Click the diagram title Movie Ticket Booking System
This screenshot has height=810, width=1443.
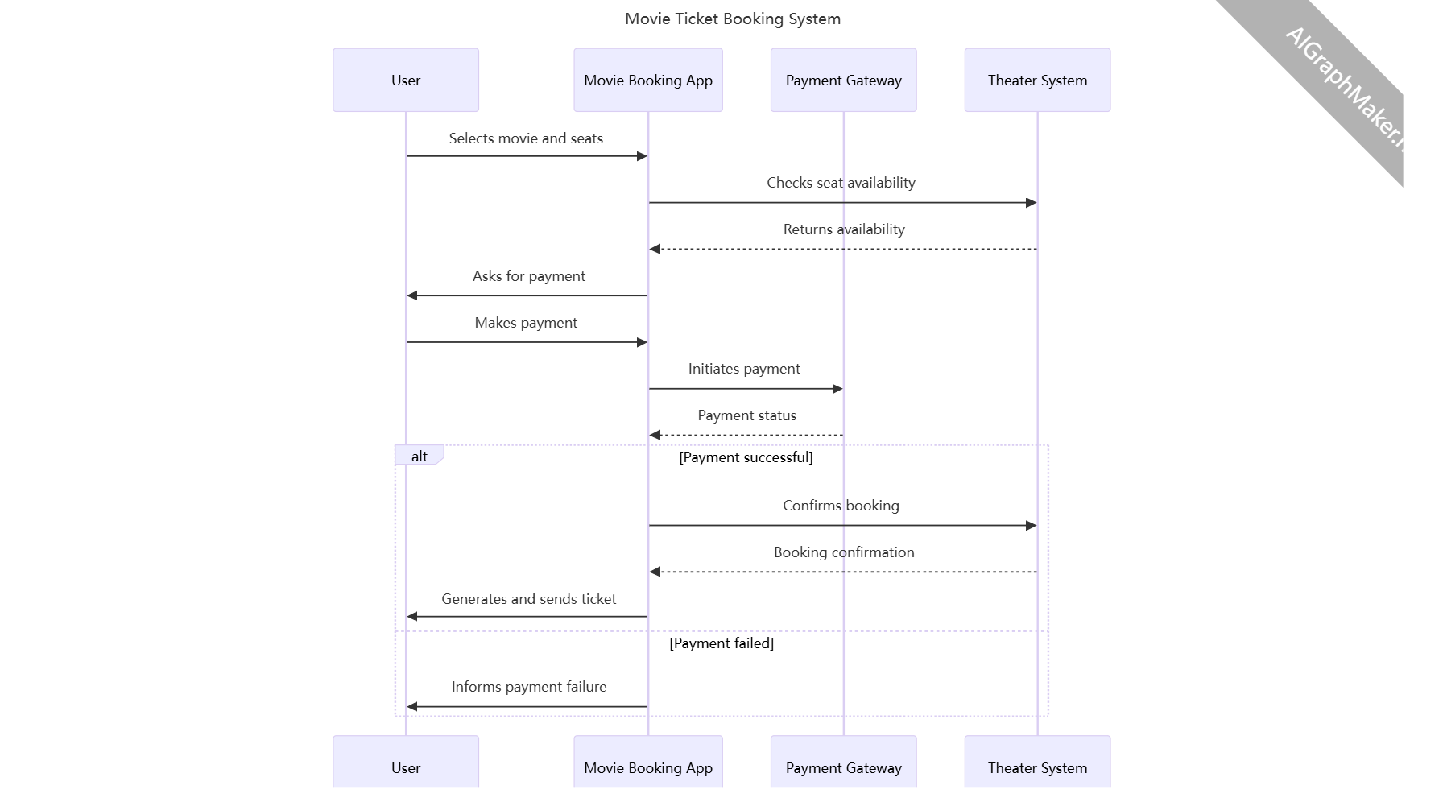pos(732,19)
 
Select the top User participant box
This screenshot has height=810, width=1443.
pos(405,80)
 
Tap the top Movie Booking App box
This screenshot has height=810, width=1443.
pos(647,80)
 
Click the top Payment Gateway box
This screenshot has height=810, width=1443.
pos(843,80)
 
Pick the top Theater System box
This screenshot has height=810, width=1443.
pos(1037,80)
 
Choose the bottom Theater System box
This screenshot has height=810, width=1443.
pos(1037,766)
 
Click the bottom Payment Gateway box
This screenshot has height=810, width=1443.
pos(843,766)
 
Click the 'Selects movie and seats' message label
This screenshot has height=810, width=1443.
pos(526,138)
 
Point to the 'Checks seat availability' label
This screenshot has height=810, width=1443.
pos(841,183)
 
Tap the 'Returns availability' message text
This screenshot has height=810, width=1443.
pos(844,229)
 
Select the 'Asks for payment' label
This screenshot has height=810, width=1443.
pos(528,276)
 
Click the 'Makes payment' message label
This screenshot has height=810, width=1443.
pos(526,323)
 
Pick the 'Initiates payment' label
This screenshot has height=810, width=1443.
pos(744,369)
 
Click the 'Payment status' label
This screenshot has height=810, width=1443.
pos(746,415)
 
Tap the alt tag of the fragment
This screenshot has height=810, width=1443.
pos(419,457)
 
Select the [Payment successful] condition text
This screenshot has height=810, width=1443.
pos(746,457)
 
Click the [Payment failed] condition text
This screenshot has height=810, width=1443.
pos(721,643)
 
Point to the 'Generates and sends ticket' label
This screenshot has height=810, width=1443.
pos(528,599)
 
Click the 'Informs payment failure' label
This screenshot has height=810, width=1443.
pos(528,687)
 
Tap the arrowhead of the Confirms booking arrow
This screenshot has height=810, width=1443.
pos(1031,526)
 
